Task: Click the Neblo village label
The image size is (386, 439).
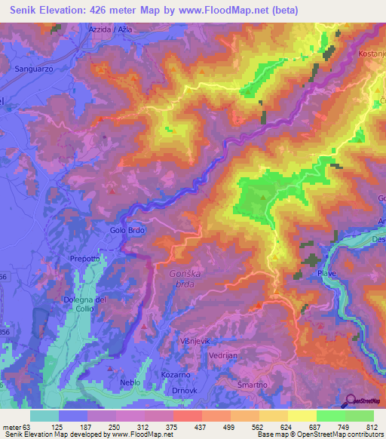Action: click(x=130, y=382)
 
